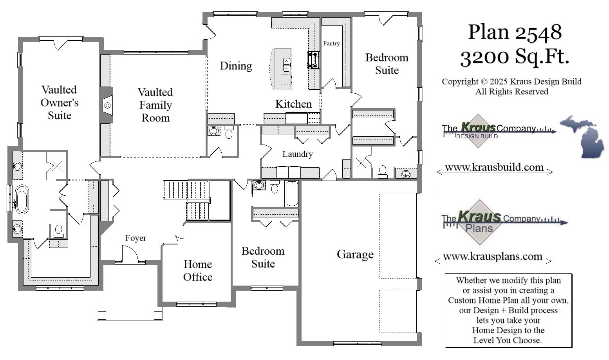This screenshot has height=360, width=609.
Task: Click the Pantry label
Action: point(331,43)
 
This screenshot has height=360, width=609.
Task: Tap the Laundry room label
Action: point(297,154)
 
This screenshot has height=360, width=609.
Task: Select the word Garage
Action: point(355,255)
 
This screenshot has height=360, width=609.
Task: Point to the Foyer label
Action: point(136,238)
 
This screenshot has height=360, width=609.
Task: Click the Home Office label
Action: point(198,271)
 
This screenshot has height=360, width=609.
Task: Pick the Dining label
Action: point(235,66)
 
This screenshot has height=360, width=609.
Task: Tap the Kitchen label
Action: point(293,104)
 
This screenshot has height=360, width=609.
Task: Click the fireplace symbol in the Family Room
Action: point(107,105)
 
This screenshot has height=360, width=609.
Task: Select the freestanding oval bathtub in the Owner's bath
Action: point(22,199)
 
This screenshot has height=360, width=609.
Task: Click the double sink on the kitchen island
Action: point(287,65)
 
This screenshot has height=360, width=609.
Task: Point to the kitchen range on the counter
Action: point(313,60)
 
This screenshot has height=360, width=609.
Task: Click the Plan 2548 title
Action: point(515,32)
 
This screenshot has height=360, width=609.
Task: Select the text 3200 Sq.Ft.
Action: point(515,57)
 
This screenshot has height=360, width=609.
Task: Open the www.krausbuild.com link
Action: point(494,168)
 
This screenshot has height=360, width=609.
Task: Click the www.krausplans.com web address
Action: point(493,257)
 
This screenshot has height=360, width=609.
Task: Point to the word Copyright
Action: point(460,82)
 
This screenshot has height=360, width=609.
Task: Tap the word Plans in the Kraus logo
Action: point(479,228)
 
